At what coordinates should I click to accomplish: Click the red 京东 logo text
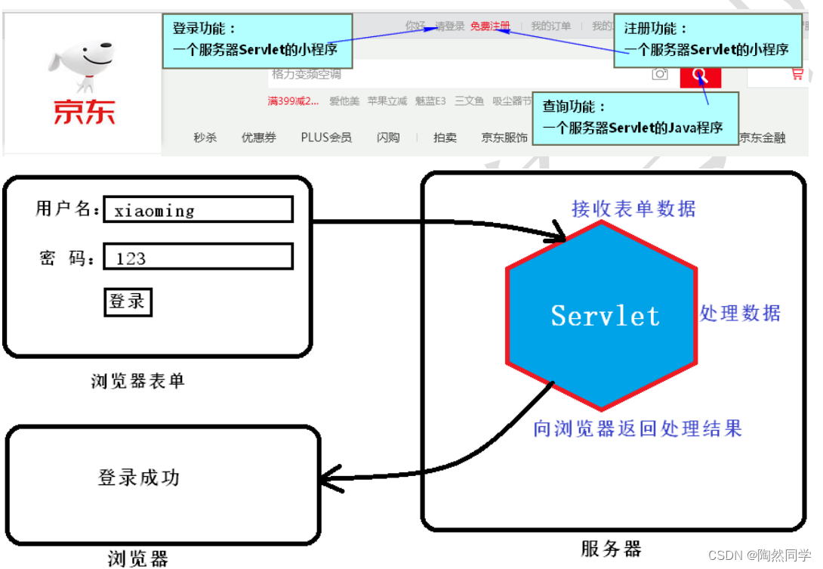point(84,111)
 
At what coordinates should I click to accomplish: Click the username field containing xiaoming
point(198,210)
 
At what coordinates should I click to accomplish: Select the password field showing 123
point(198,258)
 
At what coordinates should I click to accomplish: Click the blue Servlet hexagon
point(603,315)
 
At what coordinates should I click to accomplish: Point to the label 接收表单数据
point(633,208)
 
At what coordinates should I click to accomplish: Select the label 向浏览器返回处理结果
point(637,428)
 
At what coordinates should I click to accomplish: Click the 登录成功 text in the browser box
point(139,478)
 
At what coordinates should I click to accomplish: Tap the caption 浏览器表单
point(137,381)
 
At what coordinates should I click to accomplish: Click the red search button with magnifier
point(700,75)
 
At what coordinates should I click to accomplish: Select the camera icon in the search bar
point(660,74)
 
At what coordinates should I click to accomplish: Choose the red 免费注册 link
point(490,26)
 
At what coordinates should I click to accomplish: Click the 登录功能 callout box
point(257,40)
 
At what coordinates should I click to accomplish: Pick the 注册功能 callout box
point(707,40)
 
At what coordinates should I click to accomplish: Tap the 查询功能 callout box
point(634,118)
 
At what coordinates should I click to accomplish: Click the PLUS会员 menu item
point(326,138)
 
